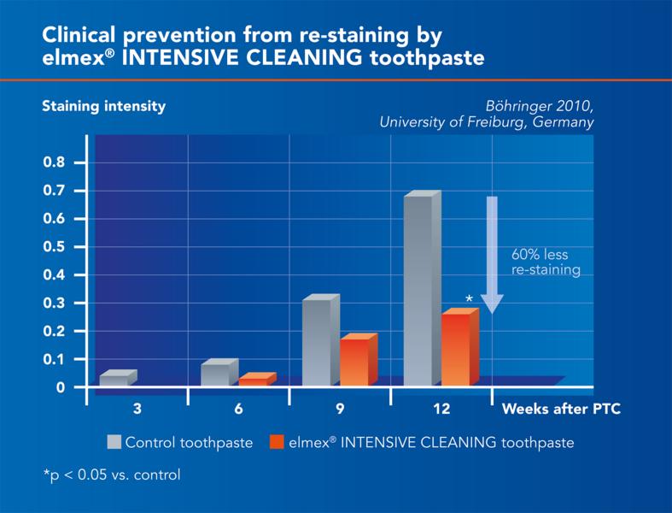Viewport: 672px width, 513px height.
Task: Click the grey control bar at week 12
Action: tap(418, 291)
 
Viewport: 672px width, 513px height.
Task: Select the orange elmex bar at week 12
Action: tap(456, 350)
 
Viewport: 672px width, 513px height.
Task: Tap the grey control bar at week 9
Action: tap(317, 342)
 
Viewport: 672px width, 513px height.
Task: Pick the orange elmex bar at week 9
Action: tap(354, 363)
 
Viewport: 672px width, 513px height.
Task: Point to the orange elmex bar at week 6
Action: tap(253, 381)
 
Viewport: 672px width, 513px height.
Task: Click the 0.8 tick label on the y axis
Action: tap(53, 162)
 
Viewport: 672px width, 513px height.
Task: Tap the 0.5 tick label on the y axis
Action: tap(53, 247)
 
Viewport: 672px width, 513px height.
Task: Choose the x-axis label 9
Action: tap(340, 409)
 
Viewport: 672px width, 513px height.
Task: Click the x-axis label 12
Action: tap(441, 409)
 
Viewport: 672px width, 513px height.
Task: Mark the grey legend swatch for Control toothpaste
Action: tap(114, 442)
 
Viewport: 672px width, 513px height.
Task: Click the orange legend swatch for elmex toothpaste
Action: tap(276, 442)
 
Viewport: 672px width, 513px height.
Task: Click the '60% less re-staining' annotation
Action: tap(545, 262)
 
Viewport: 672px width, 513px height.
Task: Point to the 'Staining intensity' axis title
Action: tap(104, 107)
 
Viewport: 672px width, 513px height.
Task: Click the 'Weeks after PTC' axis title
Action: tap(561, 409)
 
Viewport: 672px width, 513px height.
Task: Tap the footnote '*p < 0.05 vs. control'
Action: tap(112, 475)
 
